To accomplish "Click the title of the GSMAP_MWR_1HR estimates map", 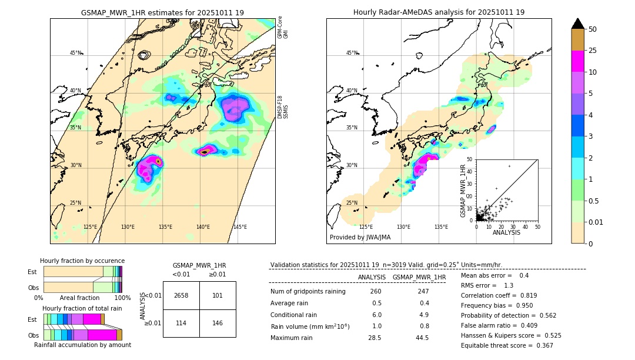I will [x=162, y=12].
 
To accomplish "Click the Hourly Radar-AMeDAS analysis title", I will [x=439, y=12].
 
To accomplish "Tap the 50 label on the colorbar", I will [x=593, y=29].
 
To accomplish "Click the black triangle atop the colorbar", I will [x=578, y=24].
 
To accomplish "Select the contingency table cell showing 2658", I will [x=181, y=295].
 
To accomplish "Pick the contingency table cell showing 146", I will [x=218, y=323].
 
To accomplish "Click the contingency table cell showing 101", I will [x=218, y=295].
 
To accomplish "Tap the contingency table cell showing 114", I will [x=181, y=323].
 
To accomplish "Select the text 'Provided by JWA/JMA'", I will [x=360, y=238].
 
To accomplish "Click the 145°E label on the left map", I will [x=240, y=227].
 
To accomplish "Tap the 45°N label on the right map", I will [x=352, y=53].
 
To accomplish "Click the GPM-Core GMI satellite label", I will [x=283, y=28].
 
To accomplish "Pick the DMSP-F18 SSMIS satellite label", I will [x=283, y=107].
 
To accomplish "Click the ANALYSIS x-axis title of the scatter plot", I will [x=506, y=232].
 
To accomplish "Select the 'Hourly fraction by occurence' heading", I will [x=82, y=261].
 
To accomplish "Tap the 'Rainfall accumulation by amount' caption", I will [x=82, y=345].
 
